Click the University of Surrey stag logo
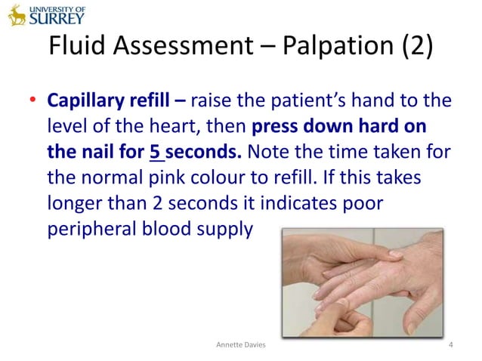[17, 14]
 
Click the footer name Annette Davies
[241, 346]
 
